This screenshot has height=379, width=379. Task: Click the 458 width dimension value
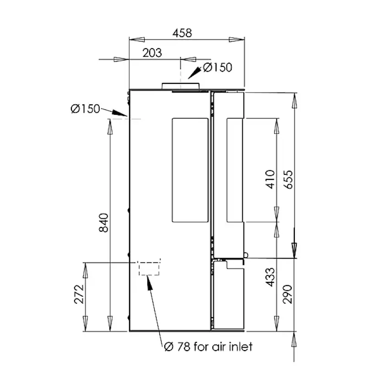pyautogui.click(x=182, y=33)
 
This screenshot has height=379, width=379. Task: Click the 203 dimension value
pyautogui.click(x=152, y=53)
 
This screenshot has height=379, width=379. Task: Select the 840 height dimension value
pyautogui.click(x=104, y=222)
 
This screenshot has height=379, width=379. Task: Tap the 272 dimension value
pyautogui.click(x=79, y=294)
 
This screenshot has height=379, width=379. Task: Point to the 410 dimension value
pyautogui.click(x=270, y=179)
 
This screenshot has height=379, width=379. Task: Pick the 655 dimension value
pyautogui.click(x=288, y=179)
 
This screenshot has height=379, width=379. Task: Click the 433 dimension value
pyautogui.click(x=270, y=277)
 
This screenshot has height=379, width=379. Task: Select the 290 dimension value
pyautogui.click(x=287, y=294)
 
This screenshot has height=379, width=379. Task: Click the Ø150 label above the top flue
pyautogui.click(x=217, y=67)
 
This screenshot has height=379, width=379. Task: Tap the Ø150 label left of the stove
pyautogui.click(x=85, y=109)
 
